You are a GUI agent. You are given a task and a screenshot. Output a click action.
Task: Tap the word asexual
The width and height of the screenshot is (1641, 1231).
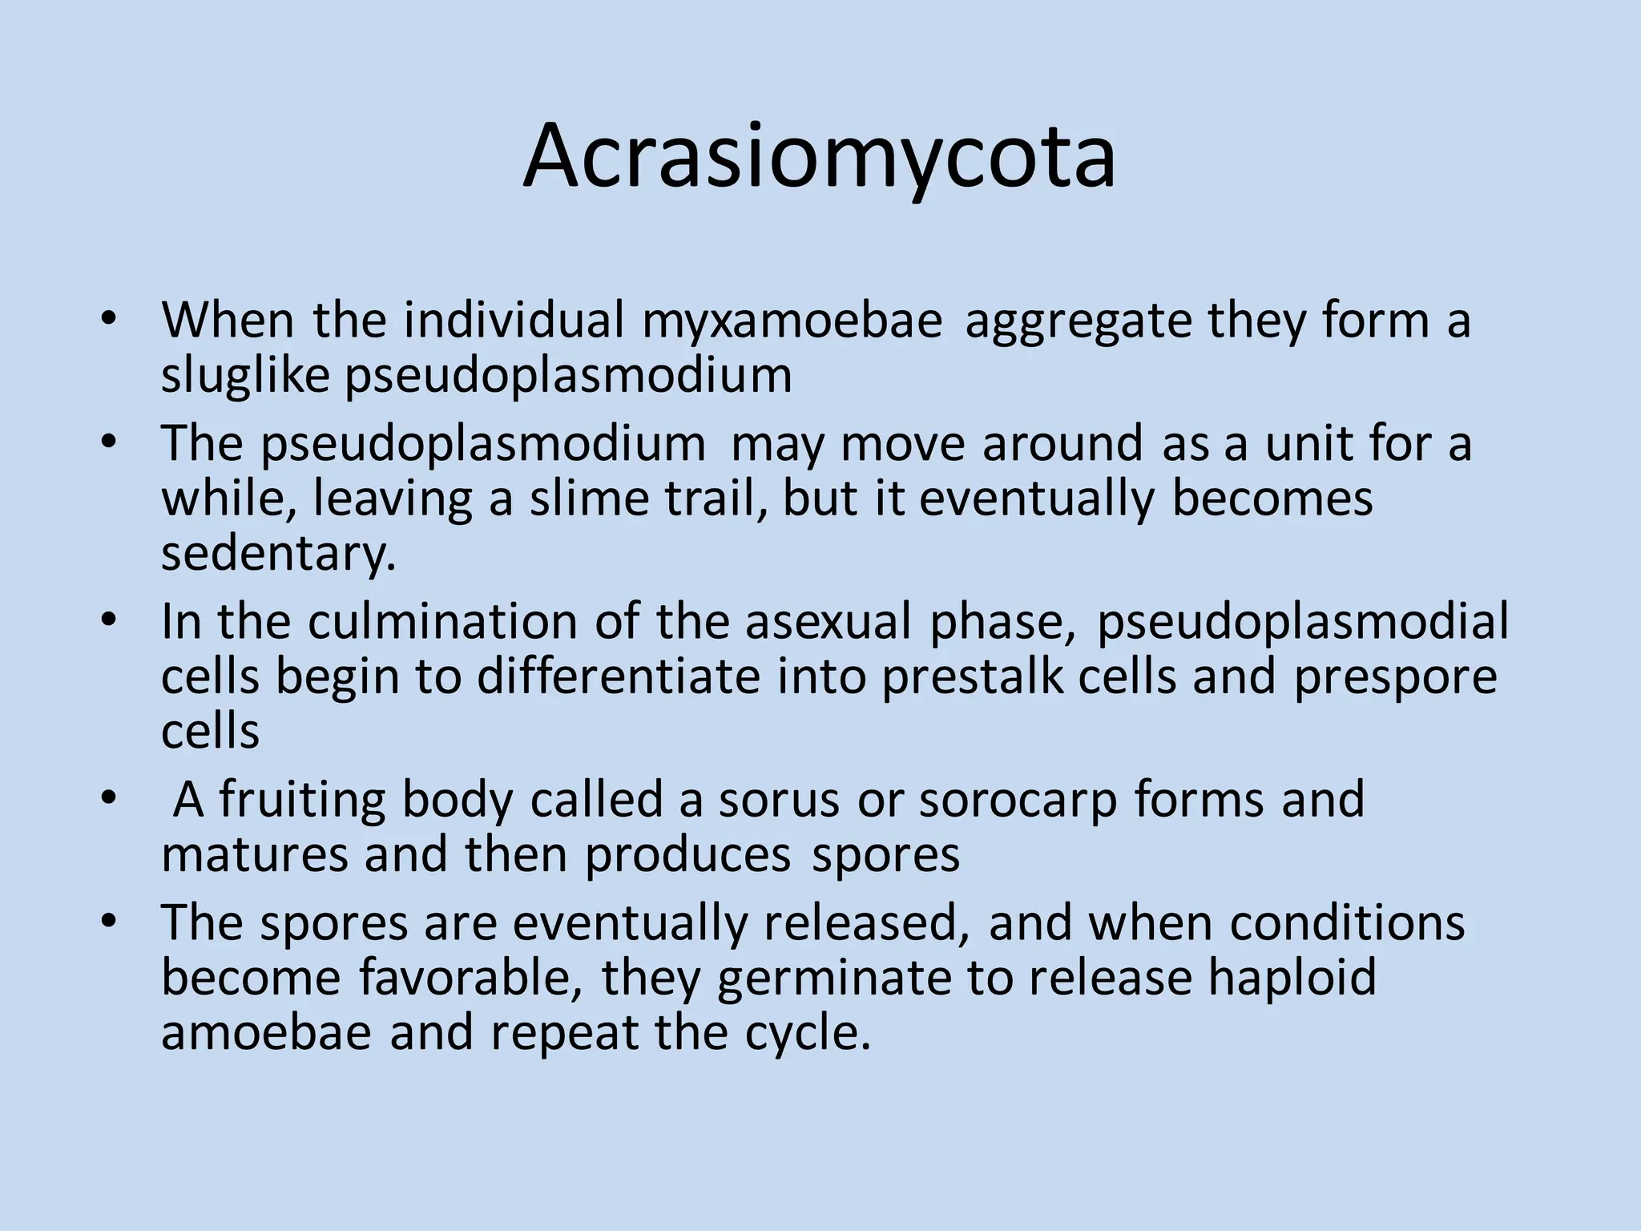tap(829, 622)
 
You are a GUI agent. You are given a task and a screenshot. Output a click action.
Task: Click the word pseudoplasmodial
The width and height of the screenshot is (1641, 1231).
tap(1302, 622)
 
